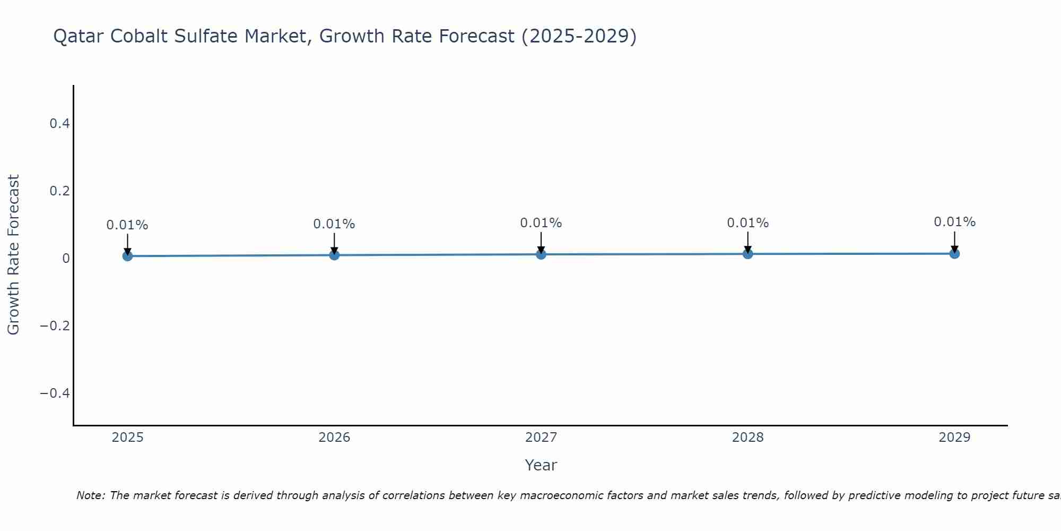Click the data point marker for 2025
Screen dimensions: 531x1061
127,256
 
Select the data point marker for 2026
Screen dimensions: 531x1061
334,255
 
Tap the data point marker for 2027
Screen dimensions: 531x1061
541,254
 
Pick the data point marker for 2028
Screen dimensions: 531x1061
747,254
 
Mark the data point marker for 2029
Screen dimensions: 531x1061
954,253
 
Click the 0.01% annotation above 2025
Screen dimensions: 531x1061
127,225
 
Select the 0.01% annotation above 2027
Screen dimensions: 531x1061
541,223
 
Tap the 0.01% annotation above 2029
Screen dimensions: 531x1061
954,222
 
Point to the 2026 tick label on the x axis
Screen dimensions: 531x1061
334,438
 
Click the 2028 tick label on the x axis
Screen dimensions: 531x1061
747,438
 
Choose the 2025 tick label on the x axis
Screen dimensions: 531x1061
127,438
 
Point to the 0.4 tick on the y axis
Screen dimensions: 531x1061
59,124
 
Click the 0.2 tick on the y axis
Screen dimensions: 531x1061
59,191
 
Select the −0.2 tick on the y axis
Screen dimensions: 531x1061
55,326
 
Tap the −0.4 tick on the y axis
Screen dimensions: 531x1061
55,393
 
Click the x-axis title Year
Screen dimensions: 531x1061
541,465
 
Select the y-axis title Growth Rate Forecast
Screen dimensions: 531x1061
13,255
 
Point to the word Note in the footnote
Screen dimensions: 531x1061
90,495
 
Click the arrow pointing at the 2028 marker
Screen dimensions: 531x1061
747,242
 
